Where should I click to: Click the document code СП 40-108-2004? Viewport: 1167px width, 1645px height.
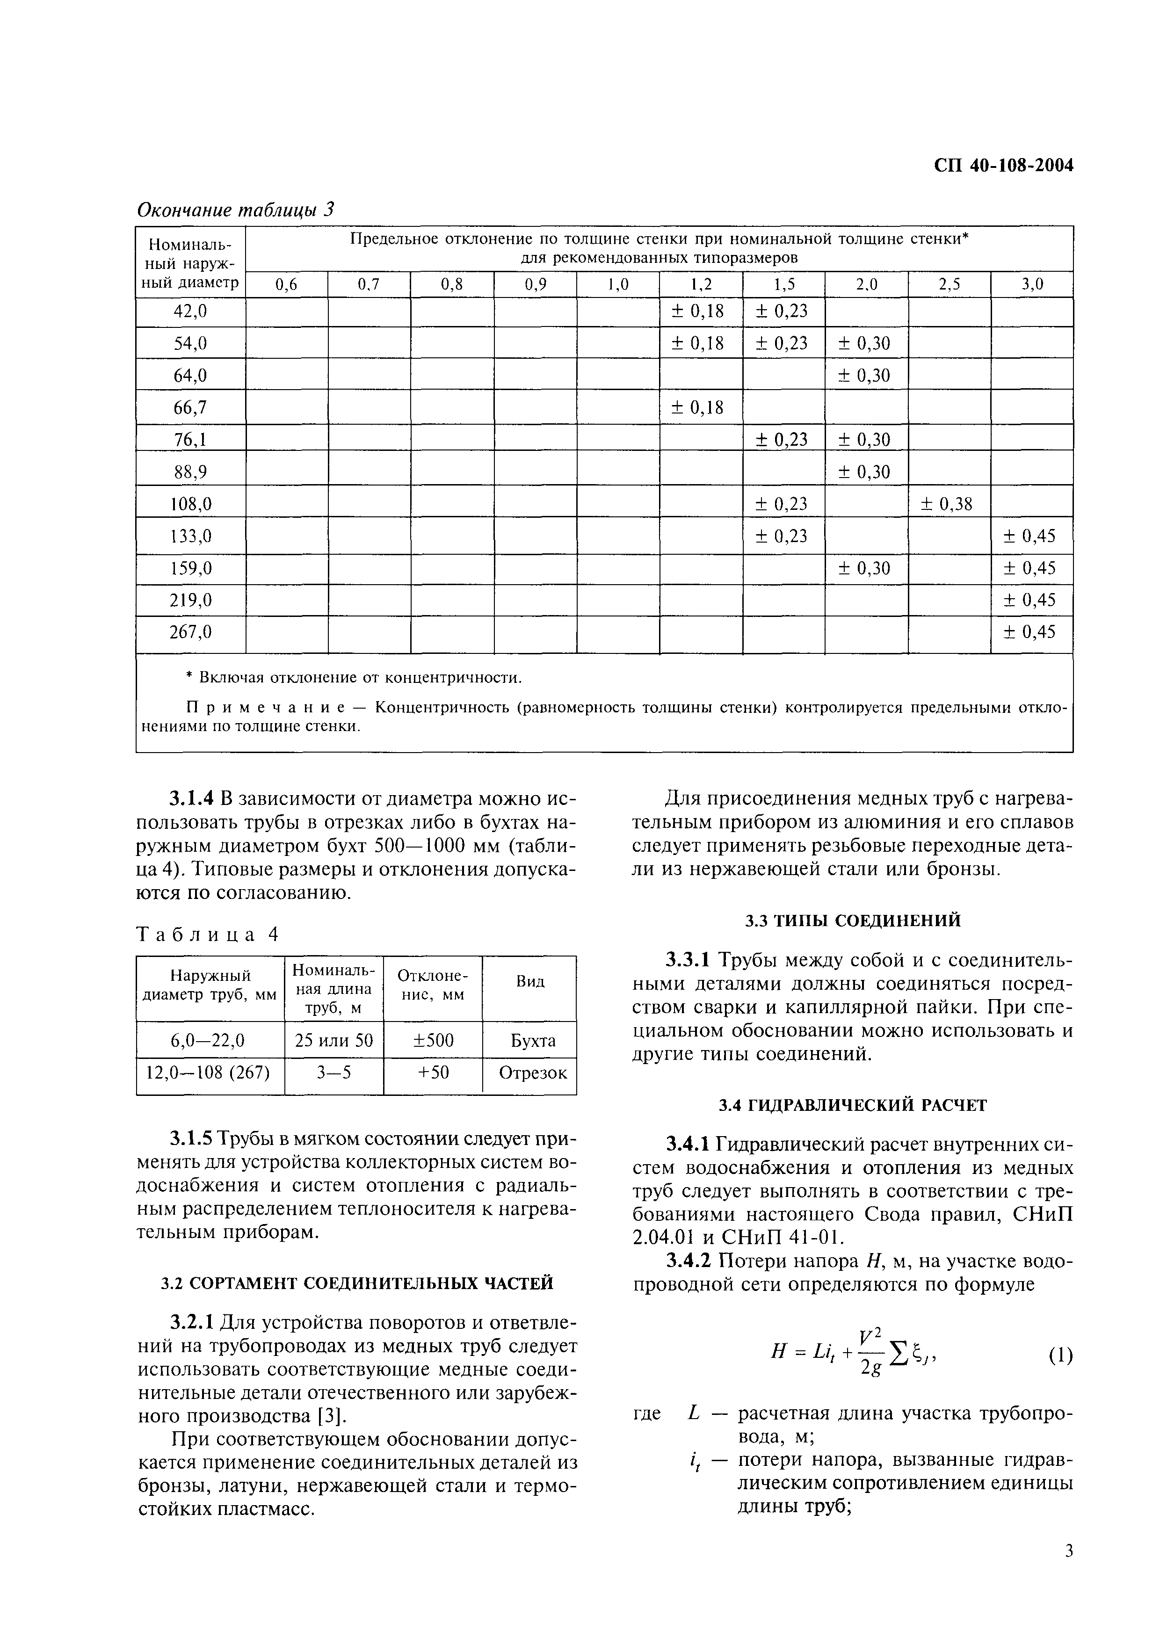[1003, 165]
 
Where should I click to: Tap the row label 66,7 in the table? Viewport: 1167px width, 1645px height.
[190, 407]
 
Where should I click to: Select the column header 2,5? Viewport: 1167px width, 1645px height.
[949, 284]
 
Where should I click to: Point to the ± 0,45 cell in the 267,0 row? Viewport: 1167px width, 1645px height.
[1031, 632]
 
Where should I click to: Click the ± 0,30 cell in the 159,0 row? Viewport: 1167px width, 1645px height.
[865, 568]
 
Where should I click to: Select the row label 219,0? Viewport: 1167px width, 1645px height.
[190, 599]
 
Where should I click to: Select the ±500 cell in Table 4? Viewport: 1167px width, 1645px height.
[432, 1041]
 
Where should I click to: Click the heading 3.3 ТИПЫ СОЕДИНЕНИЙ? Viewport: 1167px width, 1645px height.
[852, 920]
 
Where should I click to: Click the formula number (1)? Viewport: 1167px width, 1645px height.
[1060, 1356]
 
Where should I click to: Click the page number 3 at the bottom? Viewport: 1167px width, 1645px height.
[1069, 1572]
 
